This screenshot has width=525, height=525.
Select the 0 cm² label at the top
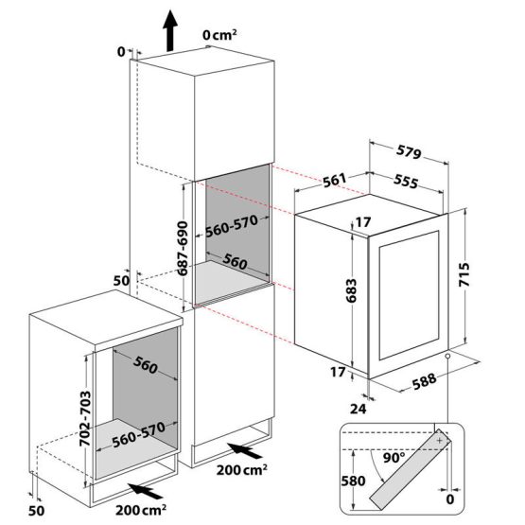pyautogui.click(x=220, y=35)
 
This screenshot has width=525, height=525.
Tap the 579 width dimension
pyautogui.click(x=409, y=152)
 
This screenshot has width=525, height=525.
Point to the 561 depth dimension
pyautogui.click(x=335, y=180)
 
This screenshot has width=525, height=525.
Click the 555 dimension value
pyautogui.click(x=406, y=181)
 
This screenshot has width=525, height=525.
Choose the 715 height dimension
pyautogui.click(x=464, y=274)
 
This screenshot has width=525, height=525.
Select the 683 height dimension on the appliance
pyautogui.click(x=351, y=290)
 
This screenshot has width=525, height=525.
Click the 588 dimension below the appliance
pyautogui.click(x=424, y=381)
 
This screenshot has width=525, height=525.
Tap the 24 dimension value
pyautogui.click(x=359, y=409)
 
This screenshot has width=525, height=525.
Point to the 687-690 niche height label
pyautogui.click(x=183, y=248)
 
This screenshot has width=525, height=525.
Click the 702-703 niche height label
pyautogui.click(x=85, y=418)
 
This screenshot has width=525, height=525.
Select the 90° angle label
pyautogui.click(x=394, y=458)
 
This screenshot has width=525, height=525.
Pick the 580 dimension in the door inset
pyautogui.click(x=353, y=481)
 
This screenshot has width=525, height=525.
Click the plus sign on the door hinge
pyautogui.click(x=440, y=441)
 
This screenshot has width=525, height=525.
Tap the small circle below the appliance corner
pyautogui.click(x=447, y=356)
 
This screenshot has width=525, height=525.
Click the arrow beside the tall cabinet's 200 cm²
pyautogui.click(x=244, y=450)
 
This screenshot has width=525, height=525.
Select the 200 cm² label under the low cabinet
pyautogui.click(x=141, y=510)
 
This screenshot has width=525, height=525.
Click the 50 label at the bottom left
pyautogui.click(x=36, y=511)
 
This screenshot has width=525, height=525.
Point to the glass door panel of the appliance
pyautogui.click(x=409, y=295)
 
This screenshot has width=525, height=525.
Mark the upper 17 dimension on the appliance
pyautogui.click(x=363, y=222)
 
